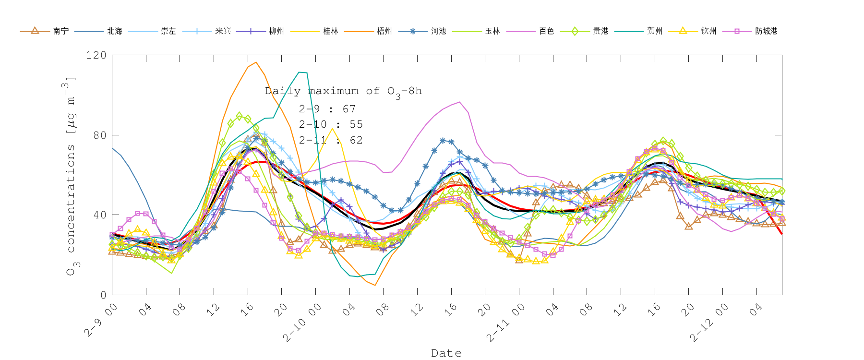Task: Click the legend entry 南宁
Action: pos(60,31)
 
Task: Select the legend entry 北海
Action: pos(115,31)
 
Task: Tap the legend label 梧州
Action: pos(384,31)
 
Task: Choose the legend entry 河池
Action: pos(438,31)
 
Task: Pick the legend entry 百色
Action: pos(546,31)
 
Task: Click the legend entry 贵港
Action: pos(600,31)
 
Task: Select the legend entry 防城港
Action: pos(766,31)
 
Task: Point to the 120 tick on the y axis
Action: pos(96,55)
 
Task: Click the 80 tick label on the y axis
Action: pos(99,135)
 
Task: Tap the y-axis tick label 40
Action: pos(99,215)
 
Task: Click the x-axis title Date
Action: pos(446,353)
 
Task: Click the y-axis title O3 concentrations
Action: pos(72,176)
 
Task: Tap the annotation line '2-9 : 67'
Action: pos(327,109)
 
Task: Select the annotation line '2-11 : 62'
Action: pos(330,140)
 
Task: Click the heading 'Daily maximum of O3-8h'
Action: pos(343,91)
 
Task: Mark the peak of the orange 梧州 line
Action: pos(256,62)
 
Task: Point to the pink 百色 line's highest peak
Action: pos(460,102)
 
